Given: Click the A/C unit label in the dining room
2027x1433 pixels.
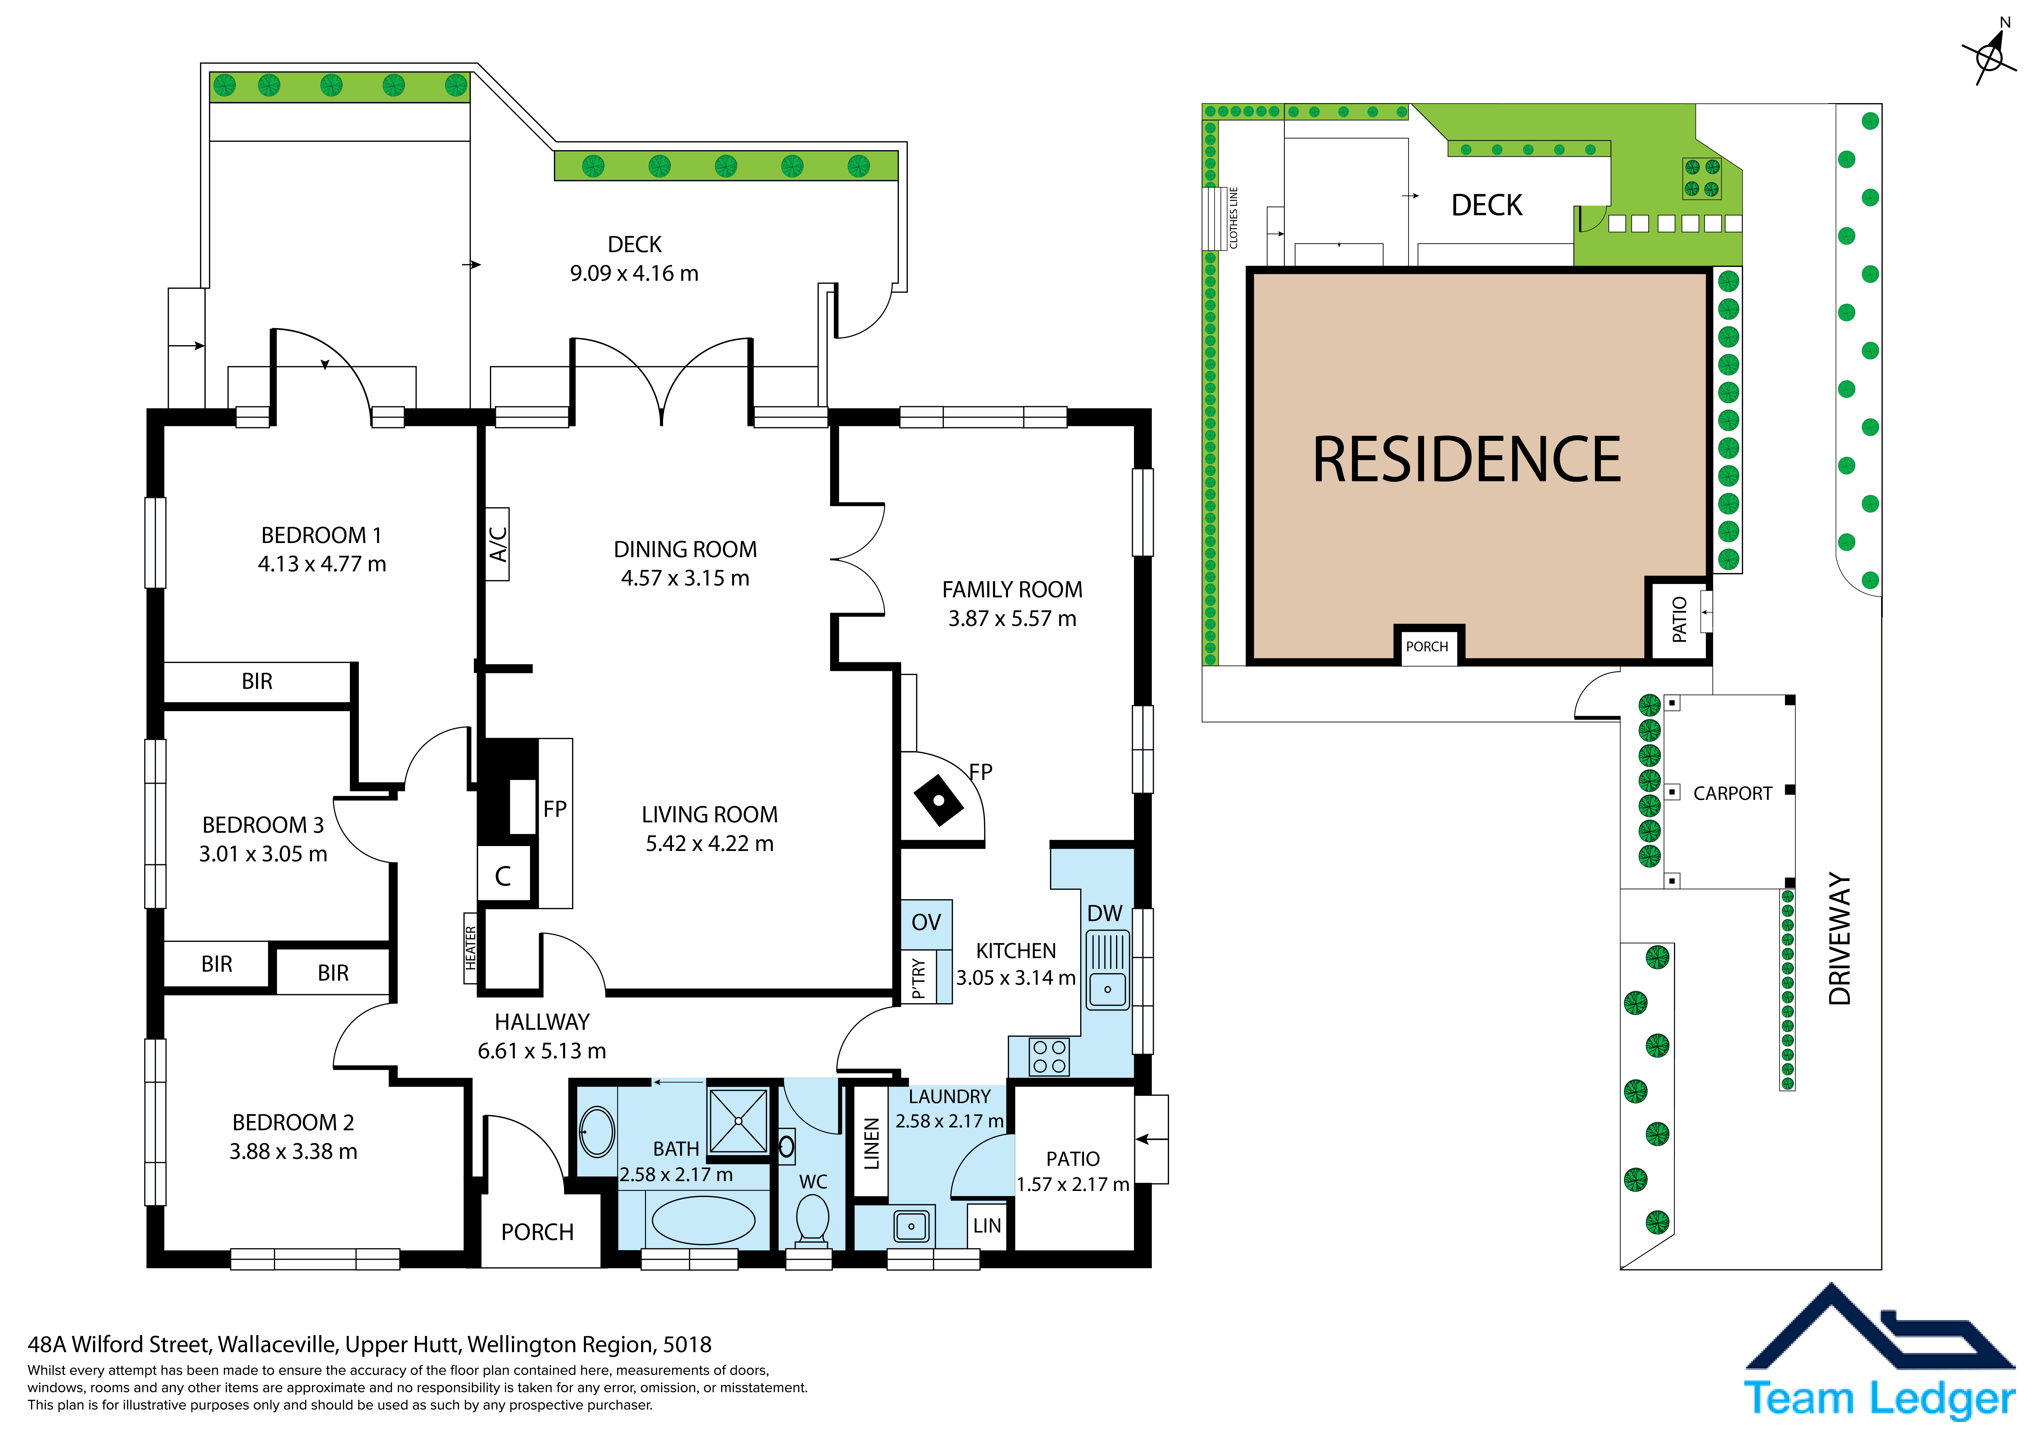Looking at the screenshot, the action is coord(498,544).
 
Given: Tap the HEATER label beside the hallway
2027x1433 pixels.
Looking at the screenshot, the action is coord(471,947).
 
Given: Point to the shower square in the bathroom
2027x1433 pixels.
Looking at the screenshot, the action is coord(738,1120).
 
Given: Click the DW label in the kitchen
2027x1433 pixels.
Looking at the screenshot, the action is coord(1105,914).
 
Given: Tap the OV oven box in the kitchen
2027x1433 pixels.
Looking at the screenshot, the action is coord(926,923).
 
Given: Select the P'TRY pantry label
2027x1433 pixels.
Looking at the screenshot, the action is coord(918,978).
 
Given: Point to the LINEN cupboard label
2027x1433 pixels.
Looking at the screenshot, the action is coord(871,1143).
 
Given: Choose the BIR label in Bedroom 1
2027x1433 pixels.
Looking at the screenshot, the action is coord(257,682).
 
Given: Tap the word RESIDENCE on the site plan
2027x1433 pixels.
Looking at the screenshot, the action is coord(1467,460).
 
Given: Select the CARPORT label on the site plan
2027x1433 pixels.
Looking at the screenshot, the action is coord(1732,794).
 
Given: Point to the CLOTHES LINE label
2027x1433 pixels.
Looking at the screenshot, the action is coord(1233,217).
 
